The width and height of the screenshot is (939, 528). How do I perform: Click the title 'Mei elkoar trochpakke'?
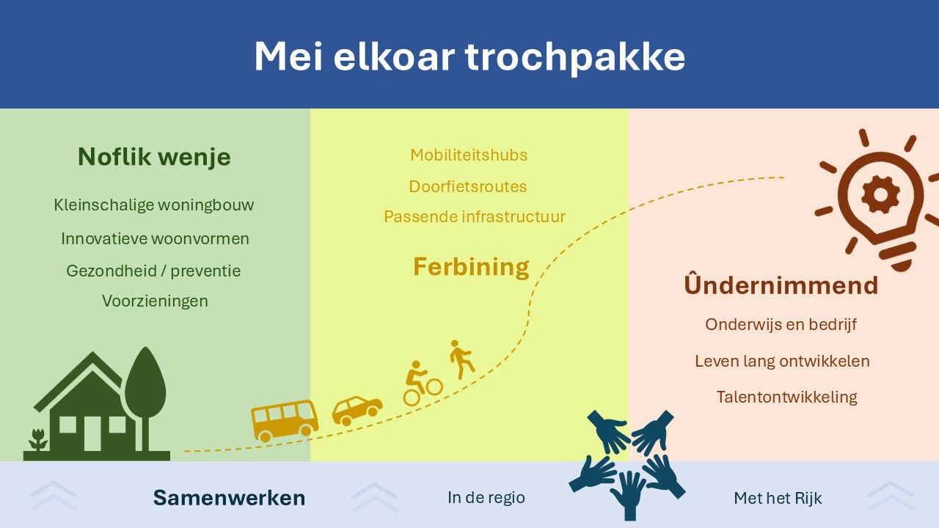tap(469, 57)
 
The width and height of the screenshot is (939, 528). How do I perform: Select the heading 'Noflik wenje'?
tap(154, 157)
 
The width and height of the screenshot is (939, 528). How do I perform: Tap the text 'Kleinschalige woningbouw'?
tap(154, 205)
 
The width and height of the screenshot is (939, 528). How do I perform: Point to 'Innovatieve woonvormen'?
tap(155, 238)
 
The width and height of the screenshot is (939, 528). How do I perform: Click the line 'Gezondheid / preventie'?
tap(153, 271)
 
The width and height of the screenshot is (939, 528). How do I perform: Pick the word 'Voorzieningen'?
tap(155, 301)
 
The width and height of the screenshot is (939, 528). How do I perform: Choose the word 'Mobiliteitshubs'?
tap(469, 155)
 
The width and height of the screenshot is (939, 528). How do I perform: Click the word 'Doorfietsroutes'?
tap(468, 186)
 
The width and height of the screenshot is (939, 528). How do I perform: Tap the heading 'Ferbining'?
tap(471, 267)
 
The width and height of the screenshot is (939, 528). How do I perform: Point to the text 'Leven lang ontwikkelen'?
tap(782, 362)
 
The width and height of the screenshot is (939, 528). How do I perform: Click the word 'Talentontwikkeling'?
tap(787, 397)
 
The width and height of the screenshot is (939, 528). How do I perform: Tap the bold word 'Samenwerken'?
tap(230, 498)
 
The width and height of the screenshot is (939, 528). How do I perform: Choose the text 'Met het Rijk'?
tap(778, 498)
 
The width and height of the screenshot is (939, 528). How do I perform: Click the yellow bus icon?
tap(285, 421)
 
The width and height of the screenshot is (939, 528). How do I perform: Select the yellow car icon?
tap(357, 411)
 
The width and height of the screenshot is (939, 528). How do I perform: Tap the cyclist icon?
tap(421, 384)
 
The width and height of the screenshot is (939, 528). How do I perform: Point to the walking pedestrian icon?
tap(461, 359)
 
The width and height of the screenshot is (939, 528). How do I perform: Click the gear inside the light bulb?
tap(880, 195)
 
